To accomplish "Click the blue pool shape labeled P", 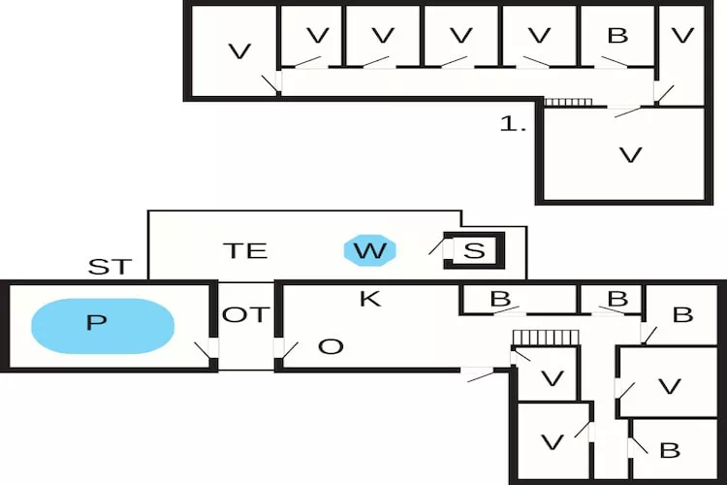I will [x=103, y=325].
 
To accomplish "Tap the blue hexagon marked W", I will [x=369, y=251].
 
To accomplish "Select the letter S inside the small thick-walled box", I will [x=473, y=251].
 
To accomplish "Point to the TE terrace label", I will [x=244, y=250].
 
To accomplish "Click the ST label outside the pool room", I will [x=109, y=268].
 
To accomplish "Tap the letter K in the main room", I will [x=369, y=299].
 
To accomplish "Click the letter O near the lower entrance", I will [x=331, y=346].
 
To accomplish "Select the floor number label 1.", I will [x=514, y=124].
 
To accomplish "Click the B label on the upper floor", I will [x=617, y=37].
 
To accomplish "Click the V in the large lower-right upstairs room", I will [x=630, y=154].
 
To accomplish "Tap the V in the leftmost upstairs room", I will [x=238, y=51].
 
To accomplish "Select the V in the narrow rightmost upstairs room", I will [x=683, y=37].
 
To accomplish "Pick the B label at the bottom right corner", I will [x=669, y=450].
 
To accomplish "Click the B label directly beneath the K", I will [x=500, y=299].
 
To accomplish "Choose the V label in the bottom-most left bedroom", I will [x=552, y=442].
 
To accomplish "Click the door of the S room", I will [x=438, y=246].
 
